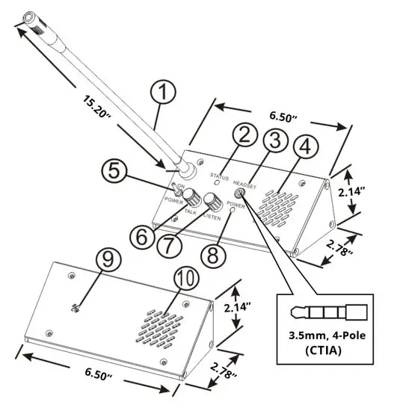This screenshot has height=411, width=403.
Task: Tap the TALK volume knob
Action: pos(192,197)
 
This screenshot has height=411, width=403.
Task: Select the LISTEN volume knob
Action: pos(213,200)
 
